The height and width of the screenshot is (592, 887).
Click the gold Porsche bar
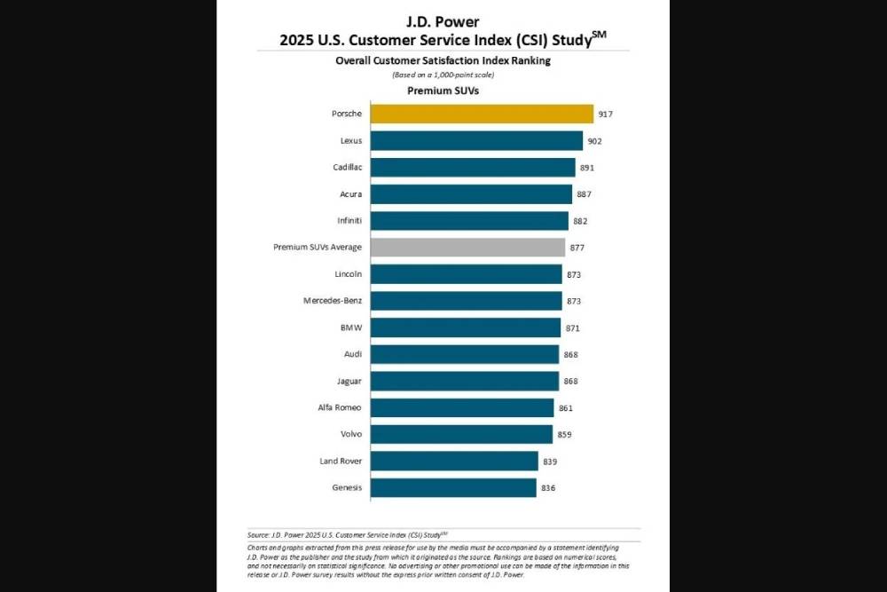coord(482,114)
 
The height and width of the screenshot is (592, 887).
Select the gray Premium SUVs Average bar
coord(467,247)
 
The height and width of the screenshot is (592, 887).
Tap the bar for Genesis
coord(453,487)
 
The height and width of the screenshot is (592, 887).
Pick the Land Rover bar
coord(454,461)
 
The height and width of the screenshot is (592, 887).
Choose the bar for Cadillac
coord(473,167)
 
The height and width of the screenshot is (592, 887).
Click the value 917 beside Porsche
coord(606,114)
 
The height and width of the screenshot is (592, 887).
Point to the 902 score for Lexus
coord(595,141)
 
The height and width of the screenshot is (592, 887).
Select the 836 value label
coord(548,488)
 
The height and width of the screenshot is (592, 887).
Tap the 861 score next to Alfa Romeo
coord(567,408)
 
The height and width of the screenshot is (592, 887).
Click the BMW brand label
coord(351,328)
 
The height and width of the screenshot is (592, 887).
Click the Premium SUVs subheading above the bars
coord(443,91)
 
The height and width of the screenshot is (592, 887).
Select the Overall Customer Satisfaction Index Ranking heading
coord(443,60)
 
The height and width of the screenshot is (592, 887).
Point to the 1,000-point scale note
coord(443,75)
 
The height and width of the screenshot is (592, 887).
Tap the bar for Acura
coord(471,193)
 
